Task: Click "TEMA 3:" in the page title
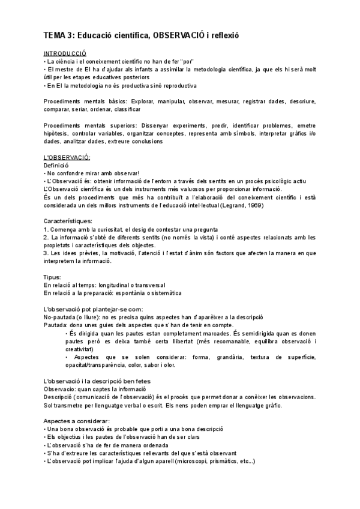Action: point(58,35)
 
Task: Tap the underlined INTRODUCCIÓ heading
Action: point(65,53)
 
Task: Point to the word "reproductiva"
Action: point(179,85)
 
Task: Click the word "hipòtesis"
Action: point(57,133)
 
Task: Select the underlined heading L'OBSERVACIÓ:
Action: point(67,157)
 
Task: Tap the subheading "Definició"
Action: point(57,165)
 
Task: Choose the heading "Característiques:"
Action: point(68,221)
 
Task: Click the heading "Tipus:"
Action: point(53,277)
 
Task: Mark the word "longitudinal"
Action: point(114,285)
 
